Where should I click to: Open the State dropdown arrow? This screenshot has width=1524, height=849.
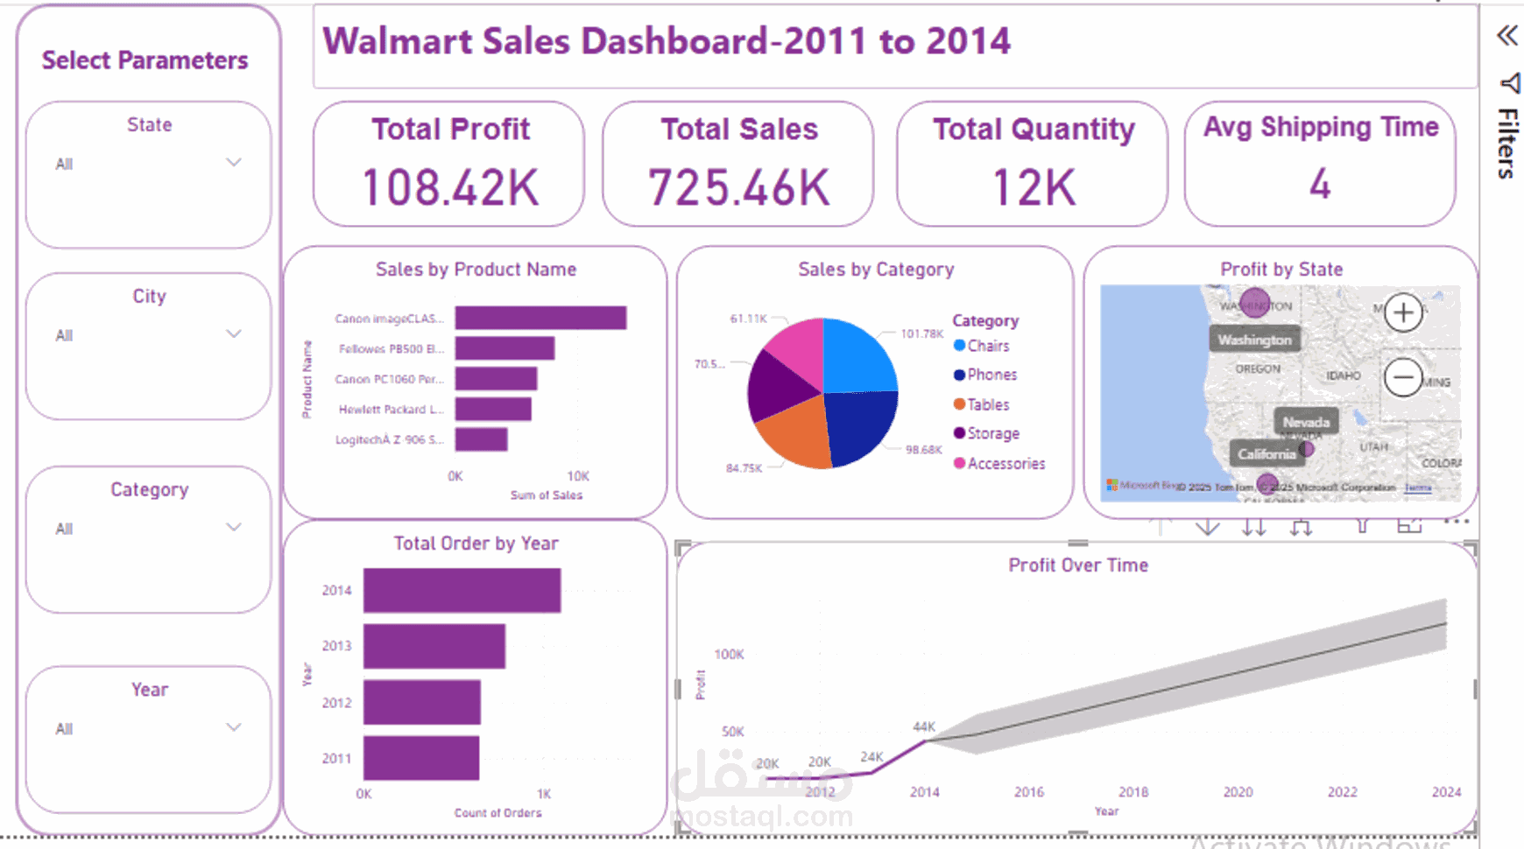233,163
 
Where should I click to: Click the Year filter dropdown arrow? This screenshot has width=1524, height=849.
233,727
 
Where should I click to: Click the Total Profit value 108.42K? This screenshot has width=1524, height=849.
450,187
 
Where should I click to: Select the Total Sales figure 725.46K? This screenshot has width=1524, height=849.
738,187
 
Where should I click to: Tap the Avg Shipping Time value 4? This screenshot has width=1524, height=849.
1320,185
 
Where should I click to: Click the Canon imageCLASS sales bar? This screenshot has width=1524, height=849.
540,318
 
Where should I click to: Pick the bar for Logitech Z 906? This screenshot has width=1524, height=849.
481,439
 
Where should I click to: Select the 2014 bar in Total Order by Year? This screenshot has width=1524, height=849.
462,591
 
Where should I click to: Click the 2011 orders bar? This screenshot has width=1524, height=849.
420,758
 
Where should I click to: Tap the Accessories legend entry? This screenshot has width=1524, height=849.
1005,464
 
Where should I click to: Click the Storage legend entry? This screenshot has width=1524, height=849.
992,433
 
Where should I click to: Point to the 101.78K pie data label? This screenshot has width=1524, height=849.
921,333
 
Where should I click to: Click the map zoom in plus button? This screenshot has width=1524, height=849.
1402,312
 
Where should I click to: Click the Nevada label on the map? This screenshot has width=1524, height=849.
1305,422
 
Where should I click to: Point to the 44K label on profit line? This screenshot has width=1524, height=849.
924,726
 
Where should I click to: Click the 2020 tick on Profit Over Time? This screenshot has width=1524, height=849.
1238,792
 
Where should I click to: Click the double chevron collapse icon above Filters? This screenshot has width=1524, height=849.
1506,36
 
